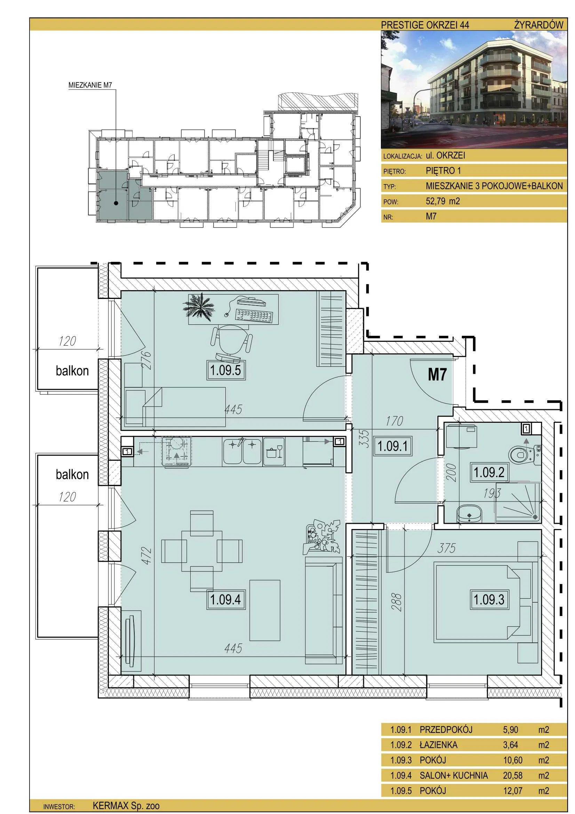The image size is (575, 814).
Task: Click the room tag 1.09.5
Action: coord(226,371)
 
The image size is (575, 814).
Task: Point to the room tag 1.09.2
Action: coord(489,472)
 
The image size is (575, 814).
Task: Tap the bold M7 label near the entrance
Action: coord(438,375)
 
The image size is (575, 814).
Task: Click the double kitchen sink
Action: coord(242,452)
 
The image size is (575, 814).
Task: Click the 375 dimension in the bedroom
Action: coord(446,548)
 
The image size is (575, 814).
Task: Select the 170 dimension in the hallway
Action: coord(394,421)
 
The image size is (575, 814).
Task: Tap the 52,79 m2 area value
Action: coord(443,201)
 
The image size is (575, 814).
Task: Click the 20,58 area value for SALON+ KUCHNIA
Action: coord(513,775)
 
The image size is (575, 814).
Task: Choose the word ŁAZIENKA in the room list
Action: coord(439,745)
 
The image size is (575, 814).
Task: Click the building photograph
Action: coord(474,89)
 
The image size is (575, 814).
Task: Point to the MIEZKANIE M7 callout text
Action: coord(90,85)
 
